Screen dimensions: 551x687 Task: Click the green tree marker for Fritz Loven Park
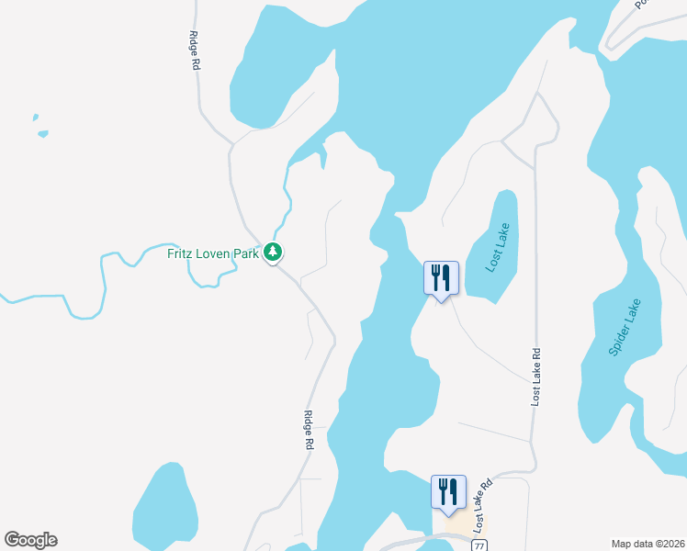pyautogui.click(x=272, y=252)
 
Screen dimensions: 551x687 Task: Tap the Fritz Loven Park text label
pyautogui.click(x=213, y=253)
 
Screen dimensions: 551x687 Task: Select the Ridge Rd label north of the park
pyautogui.click(x=194, y=51)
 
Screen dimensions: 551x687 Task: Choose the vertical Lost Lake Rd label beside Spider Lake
pyautogui.click(x=536, y=377)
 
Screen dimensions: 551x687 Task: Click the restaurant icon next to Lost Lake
pyautogui.click(x=441, y=277)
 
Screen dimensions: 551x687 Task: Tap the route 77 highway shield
pyautogui.click(x=479, y=545)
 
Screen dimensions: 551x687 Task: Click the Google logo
pyautogui.click(x=30, y=540)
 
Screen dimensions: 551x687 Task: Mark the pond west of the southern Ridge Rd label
pyautogui.click(x=167, y=510)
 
